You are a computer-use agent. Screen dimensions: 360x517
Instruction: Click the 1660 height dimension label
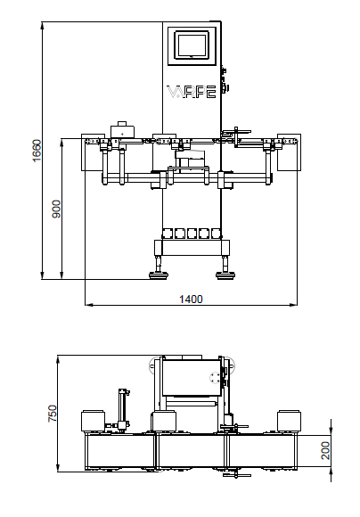click(37, 151)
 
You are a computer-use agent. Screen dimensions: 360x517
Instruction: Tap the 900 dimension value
click(56, 209)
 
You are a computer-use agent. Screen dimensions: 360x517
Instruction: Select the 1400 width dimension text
click(191, 299)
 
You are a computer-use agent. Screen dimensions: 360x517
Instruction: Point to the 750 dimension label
click(52, 413)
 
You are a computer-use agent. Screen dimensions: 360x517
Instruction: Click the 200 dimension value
click(325, 450)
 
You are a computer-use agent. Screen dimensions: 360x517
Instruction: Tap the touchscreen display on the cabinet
click(192, 45)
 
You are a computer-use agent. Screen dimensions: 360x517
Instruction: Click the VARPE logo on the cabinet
click(192, 92)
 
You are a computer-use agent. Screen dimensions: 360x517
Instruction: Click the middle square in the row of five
click(192, 234)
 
